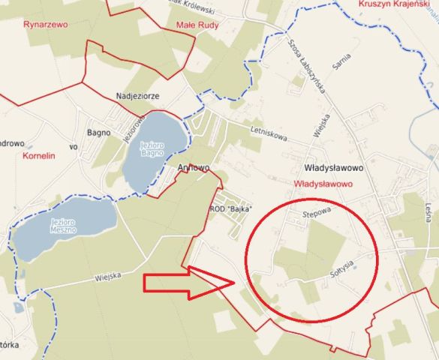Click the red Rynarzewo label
pyautogui.click(x=45, y=25)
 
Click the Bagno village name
pyautogui.click(x=99, y=133)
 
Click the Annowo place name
pyautogui.click(x=194, y=168)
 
